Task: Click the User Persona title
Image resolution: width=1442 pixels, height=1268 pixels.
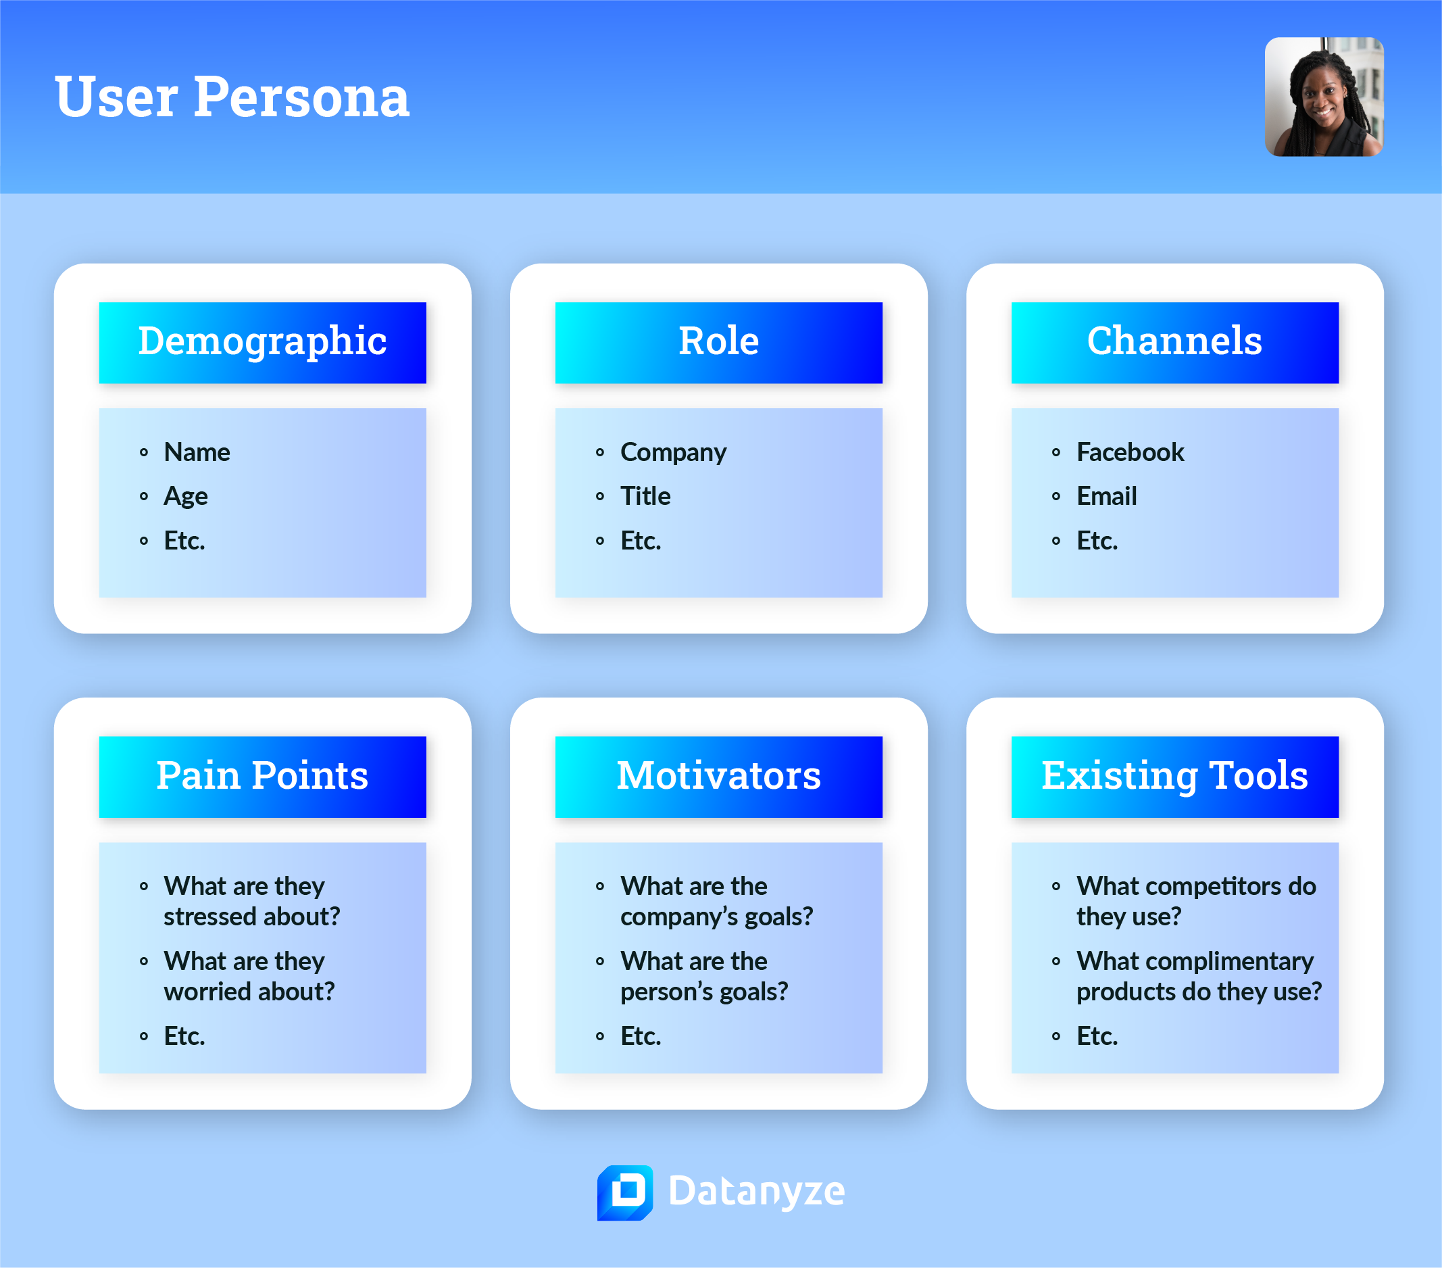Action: pyautogui.click(x=231, y=97)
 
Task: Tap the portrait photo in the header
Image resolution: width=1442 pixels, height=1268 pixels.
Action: pyautogui.click(x=1324, y=97)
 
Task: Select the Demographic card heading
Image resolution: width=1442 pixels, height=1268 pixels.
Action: pyautogui.click(x=262, y=341)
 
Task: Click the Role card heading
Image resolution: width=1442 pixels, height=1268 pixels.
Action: pyautogui.click(x=718, y=341)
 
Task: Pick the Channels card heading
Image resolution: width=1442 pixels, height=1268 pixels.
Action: pyautogui.click(x=1174, y=341)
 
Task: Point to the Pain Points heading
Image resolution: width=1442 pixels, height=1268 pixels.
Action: pyautogui.click(x=262, y=776)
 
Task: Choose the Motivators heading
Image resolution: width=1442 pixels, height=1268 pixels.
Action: pyautogui.click(x=718, y=776)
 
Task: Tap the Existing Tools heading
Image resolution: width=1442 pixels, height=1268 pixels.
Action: pyautogui.click(x=1174, y=776)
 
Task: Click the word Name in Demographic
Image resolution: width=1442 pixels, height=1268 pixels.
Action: pyautogui.click(x=197, y=452)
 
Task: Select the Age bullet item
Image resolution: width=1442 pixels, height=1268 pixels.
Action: pyautogui.click(x=186, y=497)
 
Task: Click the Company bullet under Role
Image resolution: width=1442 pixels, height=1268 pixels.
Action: pyautogui.click(x=673, y=452)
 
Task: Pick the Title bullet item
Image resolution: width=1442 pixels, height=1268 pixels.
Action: pyautogui.click(x=645, y=497)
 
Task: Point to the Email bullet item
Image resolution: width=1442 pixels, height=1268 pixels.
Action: pyautogui.click(x=1106, y=497)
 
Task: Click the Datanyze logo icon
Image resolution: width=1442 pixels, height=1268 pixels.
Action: pyautogui.click(x=624, y=1192)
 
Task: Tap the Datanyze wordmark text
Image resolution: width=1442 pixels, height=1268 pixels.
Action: pyautogui.click(x=755, y=1192)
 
